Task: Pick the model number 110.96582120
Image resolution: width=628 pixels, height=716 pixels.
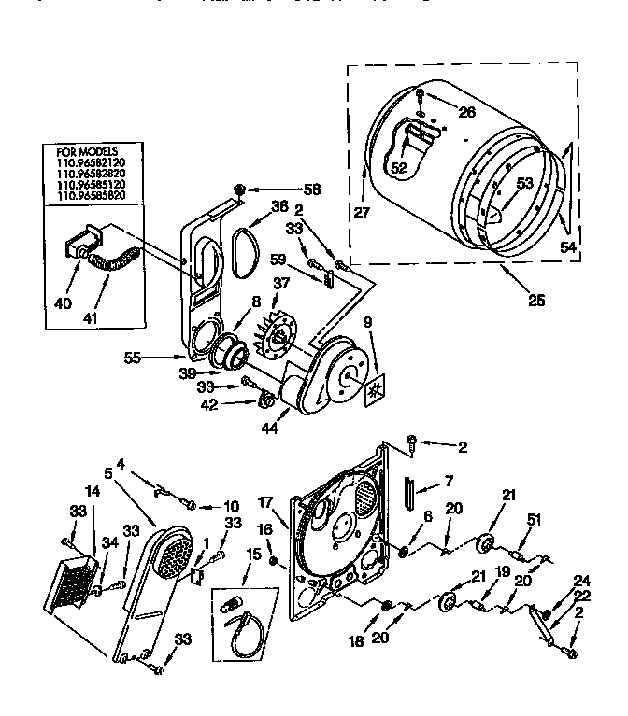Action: point(91,162)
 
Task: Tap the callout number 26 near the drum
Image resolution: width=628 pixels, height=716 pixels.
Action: point(466,113)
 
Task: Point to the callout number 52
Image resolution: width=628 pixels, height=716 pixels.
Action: point(399,168)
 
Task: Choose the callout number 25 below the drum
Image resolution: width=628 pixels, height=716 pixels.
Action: point(535,301)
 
